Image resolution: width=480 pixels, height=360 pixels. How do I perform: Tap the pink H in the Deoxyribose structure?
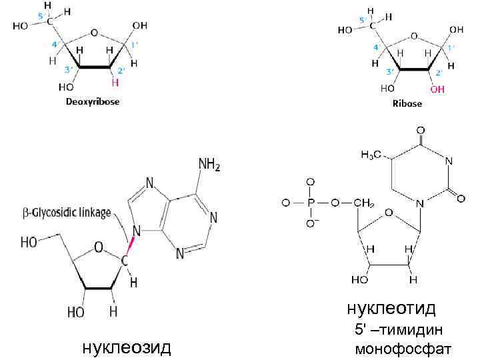point(115,83)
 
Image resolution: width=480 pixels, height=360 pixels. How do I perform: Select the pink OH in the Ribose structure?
point(437,88)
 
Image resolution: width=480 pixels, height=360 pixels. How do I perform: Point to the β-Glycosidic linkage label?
point(65,213)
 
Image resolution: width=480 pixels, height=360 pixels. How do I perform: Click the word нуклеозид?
point(125,347)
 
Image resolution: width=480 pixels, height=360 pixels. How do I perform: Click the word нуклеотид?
point(391,309)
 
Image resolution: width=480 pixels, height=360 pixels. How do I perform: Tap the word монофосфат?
point(403,349)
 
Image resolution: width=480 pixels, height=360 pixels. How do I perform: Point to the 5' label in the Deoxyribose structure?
point(41,15)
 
